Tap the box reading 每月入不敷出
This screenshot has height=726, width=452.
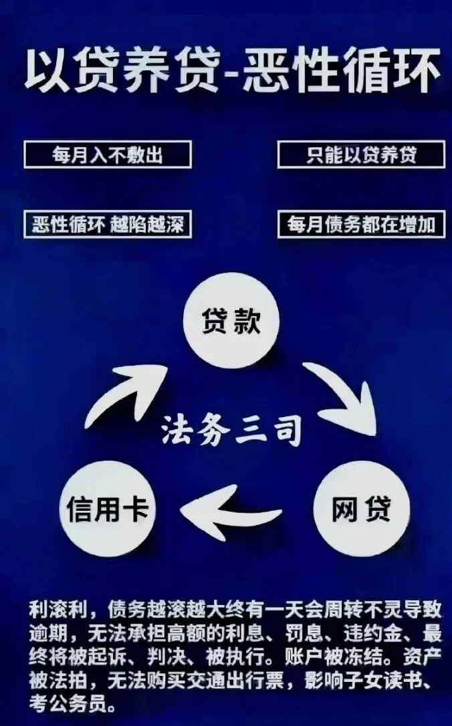point(108,155)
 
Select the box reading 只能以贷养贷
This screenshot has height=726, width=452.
point(362,155)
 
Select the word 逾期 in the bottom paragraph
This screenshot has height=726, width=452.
point(48,632)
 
